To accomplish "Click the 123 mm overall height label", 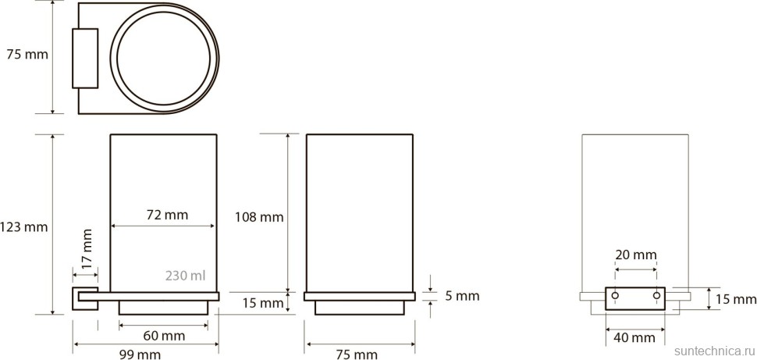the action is [x=23, y=226].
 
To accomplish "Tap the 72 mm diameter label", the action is [x=167, y=214].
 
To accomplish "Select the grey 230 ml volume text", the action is [x=186, y=276].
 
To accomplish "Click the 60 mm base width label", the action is [x=165, y=335].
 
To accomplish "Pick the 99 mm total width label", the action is [x=140, y=355].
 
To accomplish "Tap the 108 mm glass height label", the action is [x=259, y=217].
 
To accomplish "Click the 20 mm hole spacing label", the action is [x=636, y=254].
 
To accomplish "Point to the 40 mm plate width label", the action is [x=634, y=337].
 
